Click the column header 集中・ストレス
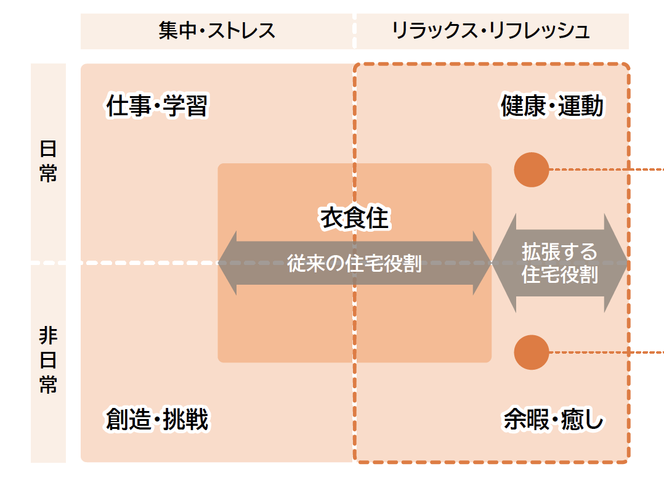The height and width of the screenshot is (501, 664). (x=217, y=31)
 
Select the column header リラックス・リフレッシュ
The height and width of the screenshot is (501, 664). (x=491, y=31)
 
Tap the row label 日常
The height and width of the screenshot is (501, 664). (x=48, y=161)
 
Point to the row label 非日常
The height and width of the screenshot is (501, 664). (x=48, y=360)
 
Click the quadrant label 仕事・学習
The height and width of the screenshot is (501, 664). (x=157, y=107)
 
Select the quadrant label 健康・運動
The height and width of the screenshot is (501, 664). (x=552, y=107)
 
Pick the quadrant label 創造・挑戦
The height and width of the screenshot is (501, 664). (x=157, y=420)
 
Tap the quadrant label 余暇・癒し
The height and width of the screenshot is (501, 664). (x=554, y=420)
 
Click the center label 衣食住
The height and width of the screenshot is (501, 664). (x=355, y=218)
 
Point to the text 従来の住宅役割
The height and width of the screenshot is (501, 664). (x=355, y=263)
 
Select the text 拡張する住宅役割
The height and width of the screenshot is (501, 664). (x=560, y=263)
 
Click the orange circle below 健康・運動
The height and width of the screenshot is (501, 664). (x=532, y=169)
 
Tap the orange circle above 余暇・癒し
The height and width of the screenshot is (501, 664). (x=532, y=352)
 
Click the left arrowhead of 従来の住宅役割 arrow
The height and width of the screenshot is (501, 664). (x=227, y=263)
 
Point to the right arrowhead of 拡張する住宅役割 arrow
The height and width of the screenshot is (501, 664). (x=617, y=263)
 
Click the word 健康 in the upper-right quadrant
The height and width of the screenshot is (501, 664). (x=523, y=107)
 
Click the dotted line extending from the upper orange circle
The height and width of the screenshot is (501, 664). (x=607, y=169)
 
